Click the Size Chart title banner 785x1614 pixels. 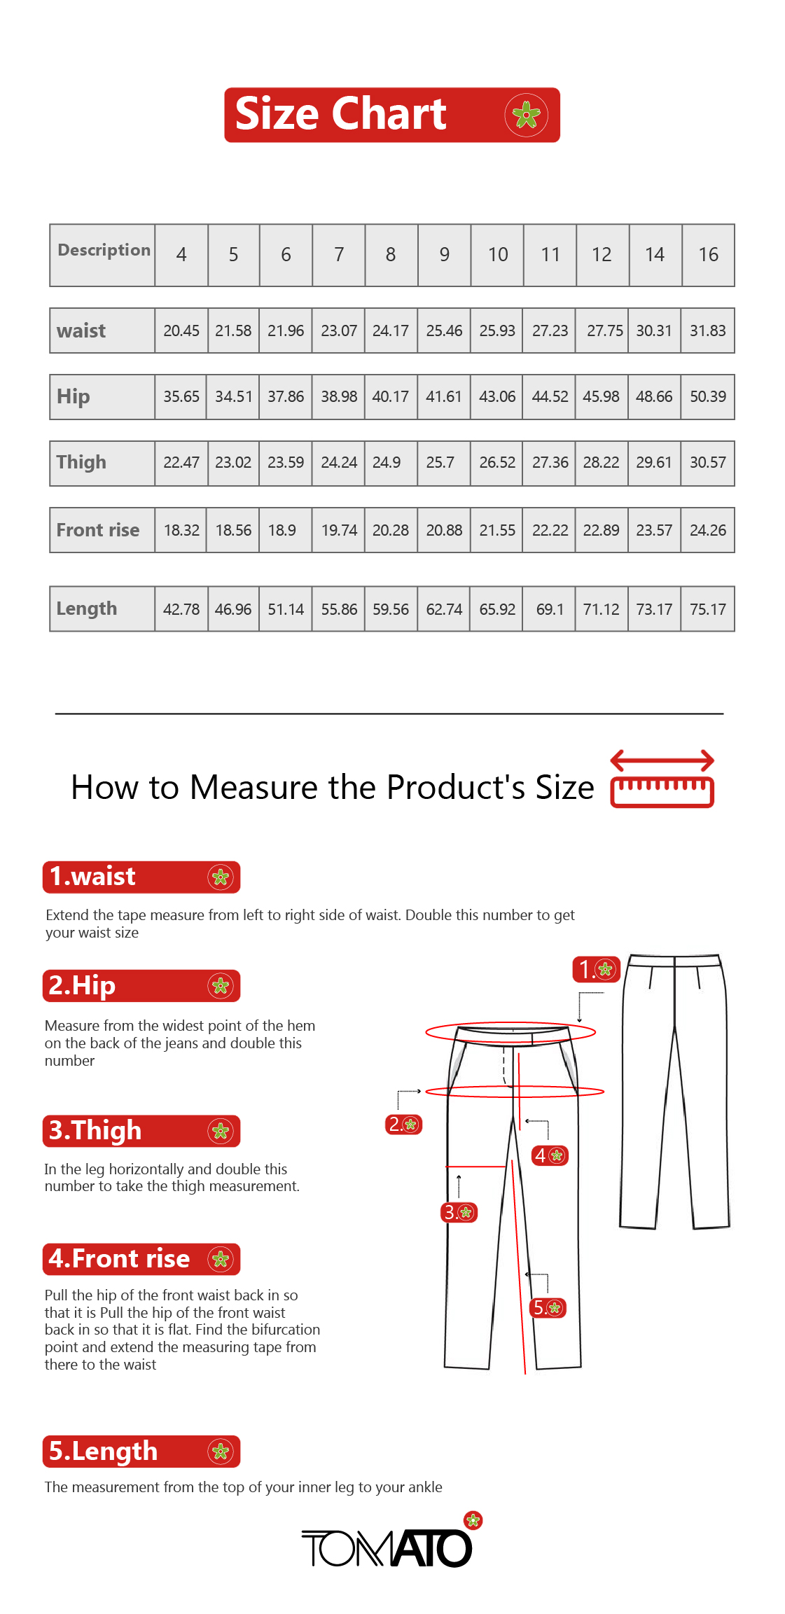392,115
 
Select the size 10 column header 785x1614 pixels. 498,255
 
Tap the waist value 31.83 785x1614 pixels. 707,331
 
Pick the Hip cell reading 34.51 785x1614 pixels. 233,397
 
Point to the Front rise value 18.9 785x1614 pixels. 282,531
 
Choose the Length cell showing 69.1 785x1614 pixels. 550,610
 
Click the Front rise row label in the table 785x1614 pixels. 98,531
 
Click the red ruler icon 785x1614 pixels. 662,779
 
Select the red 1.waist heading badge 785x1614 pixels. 141,877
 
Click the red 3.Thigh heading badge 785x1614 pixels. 141,1132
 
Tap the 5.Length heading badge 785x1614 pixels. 141,1452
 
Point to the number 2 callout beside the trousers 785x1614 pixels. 404,1125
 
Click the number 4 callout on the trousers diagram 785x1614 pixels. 550,1155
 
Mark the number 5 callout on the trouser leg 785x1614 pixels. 548,1307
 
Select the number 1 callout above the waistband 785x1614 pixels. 597,969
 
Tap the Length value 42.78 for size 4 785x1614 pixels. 181,610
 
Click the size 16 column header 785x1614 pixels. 708,255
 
